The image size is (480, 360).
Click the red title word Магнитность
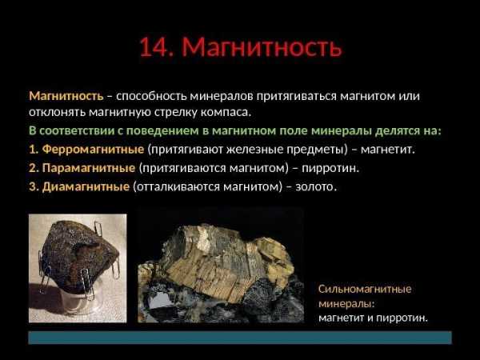[262, 47]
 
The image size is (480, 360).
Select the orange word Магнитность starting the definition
[66, 96]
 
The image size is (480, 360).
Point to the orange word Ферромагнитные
[93, 150]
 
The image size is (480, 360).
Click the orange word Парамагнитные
[89, 168]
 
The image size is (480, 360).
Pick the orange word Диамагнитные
[86, 186]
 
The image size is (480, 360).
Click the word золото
[316, 186]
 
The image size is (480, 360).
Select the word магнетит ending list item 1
[387, 150]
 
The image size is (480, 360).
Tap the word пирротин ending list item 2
[330, 168]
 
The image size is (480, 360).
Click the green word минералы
[342, 131]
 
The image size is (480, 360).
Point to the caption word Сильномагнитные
[365, 289]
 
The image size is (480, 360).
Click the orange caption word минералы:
[347, 304]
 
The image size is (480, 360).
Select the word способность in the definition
[151, 97]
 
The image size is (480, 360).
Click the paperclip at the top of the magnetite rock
[98, 229]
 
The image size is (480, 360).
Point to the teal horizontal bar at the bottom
[240, 338]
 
